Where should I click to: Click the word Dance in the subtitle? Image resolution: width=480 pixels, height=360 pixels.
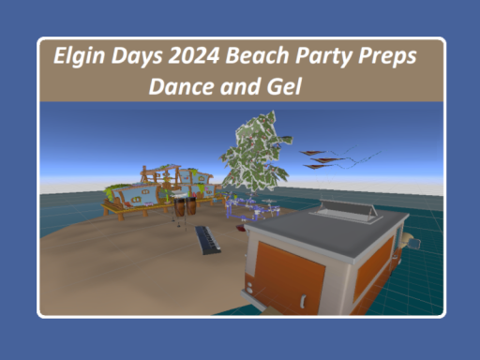click(x=185, y=85)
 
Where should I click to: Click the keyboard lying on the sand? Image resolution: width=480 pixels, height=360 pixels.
click(x=208, y=241)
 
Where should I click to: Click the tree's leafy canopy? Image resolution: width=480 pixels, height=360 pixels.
click(x=253, y=150)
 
